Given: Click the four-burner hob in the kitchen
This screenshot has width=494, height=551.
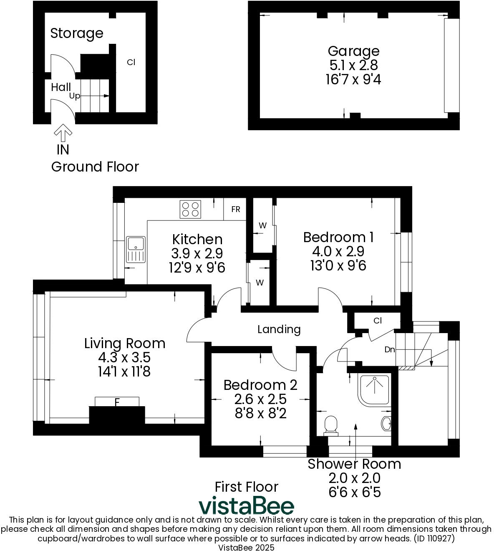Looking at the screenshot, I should [x=190, y=210].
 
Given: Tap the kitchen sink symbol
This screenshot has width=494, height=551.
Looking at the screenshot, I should [x=135, y=250].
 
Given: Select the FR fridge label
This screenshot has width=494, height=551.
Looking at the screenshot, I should [x=236, y=209].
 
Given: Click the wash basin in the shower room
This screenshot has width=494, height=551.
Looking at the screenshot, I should [x=386, y=424].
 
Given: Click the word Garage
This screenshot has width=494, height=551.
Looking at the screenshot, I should [x=353, y=51].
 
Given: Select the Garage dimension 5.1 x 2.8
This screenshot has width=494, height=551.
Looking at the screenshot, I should [x=353, y=65].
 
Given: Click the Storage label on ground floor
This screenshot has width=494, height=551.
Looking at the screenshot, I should [x=77, y=33].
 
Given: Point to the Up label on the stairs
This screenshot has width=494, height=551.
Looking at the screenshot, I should [x=75, y=96].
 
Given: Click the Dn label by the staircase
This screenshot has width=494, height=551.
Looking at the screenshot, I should [x=390, y=349].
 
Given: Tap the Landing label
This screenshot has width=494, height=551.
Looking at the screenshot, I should [x=279, y=329].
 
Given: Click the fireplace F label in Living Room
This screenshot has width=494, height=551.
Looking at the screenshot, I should [x=117, y=402].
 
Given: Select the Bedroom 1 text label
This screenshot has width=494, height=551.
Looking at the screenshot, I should [x=338, y=237].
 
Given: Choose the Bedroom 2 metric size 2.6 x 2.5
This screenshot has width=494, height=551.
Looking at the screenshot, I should [x=260, y=399].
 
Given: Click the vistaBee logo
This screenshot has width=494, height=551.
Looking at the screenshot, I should [x=246, y=506].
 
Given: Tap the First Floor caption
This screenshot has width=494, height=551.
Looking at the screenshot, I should [x=246, y=487].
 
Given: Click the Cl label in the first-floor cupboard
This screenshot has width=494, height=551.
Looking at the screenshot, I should [x=378, y=321].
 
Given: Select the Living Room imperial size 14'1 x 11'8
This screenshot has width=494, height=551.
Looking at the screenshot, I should [x=124, y=372].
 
